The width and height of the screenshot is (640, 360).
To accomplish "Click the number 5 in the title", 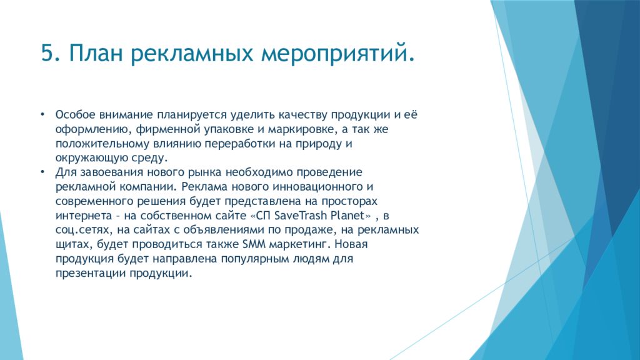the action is [x=47, y=53].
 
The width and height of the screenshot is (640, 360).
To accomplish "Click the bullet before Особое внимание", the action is [x=42, y=114].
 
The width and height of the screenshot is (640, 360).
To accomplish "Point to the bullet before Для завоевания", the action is [x=42, y=172].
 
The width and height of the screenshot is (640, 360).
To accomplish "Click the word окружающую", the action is [x=91, y=158].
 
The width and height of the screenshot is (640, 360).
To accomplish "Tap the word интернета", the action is [x=84, y=216].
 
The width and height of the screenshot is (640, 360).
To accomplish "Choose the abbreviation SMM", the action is [x=254, y=244].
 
